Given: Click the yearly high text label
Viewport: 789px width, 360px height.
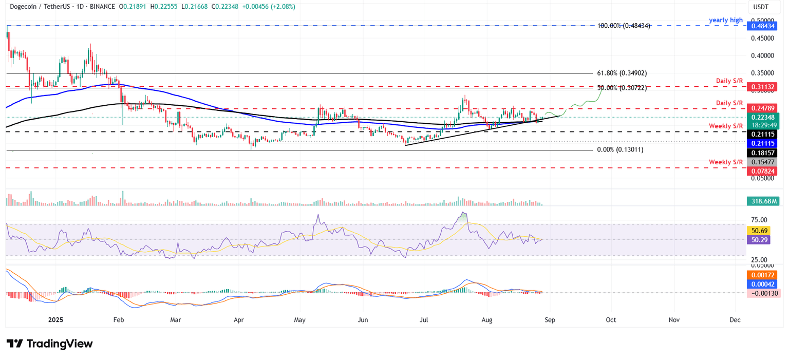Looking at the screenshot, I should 726,20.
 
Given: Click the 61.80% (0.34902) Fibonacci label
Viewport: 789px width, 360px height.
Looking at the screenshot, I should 622,73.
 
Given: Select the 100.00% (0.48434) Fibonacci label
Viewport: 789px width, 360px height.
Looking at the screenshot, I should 623,26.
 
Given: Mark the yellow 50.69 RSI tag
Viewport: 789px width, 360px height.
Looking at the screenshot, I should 758,231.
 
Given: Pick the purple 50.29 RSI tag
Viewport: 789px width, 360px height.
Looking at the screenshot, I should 758,240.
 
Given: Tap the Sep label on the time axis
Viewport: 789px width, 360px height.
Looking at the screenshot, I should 550,319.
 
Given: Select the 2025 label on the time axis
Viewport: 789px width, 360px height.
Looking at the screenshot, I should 55,319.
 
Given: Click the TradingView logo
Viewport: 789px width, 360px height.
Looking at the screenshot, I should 50,344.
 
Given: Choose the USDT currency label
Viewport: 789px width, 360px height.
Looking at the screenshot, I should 760,7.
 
